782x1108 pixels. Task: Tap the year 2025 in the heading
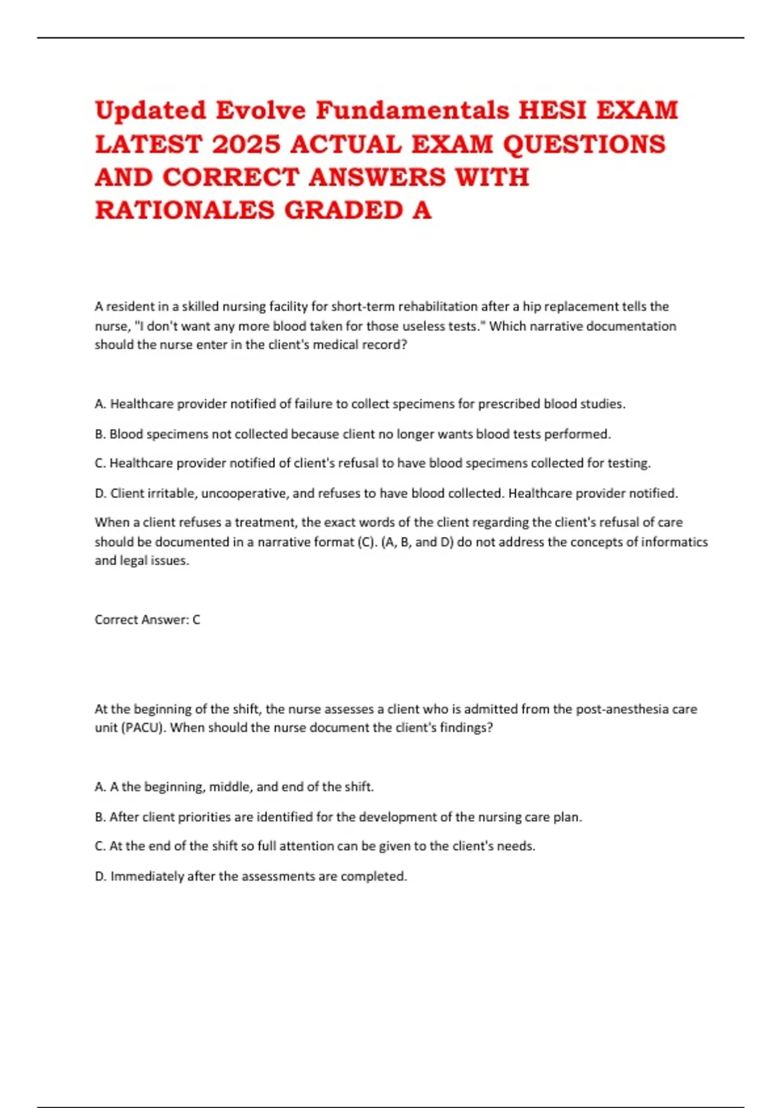pyautogui.click(x=246, y=144)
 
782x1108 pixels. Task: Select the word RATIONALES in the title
pyautogui.click(x=184, y=210)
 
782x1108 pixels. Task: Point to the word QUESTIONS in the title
pyautogui.click(x=584, y=144)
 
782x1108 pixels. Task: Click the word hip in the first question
pyautogui.click(x=530, y=306)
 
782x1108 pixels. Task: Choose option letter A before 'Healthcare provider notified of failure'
pyautogui.click(x=100, y=404)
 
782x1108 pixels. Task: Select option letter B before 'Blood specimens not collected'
pyautogui.click(x=100, y=434)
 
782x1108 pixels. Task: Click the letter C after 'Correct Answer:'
pyautogui.click(x=196, y=620)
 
